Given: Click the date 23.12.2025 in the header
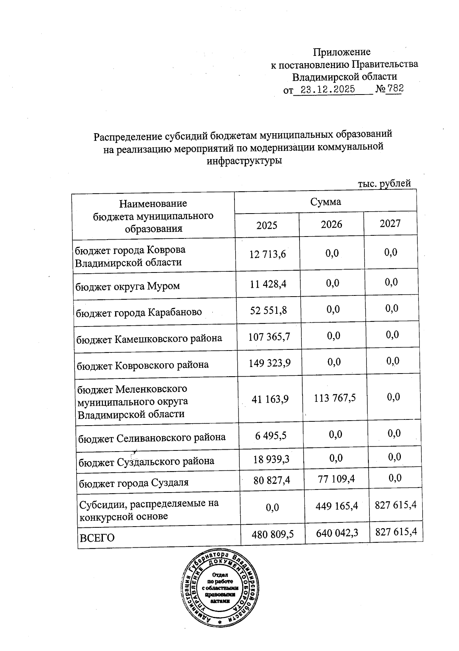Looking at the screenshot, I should pos(328,90).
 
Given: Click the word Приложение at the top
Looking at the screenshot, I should pos(342,52).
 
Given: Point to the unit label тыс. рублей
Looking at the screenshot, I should pos(384,183).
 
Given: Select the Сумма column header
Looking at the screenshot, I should pos(326,202).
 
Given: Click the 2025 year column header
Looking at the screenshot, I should pos(267,225).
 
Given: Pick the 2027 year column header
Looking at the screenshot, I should pos(390,224).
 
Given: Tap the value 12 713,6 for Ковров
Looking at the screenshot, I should pos(268,254).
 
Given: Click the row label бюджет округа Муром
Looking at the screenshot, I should pos(128,286).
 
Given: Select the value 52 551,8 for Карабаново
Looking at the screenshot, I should pos(269,310).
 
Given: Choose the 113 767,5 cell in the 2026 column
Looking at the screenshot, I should pos(335,398).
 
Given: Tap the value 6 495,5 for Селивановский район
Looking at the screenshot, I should pos(271,436).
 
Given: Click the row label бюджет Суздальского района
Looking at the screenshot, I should pos(146,461).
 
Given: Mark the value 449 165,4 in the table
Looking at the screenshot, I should pos(337,506).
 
